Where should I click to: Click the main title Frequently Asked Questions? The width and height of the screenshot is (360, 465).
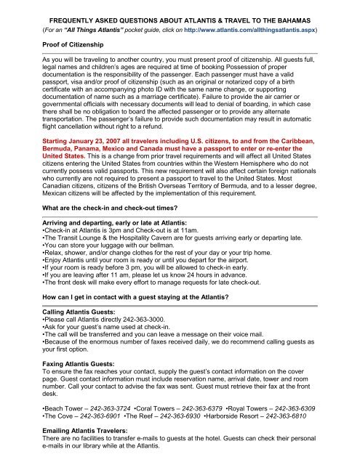[180, 8]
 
